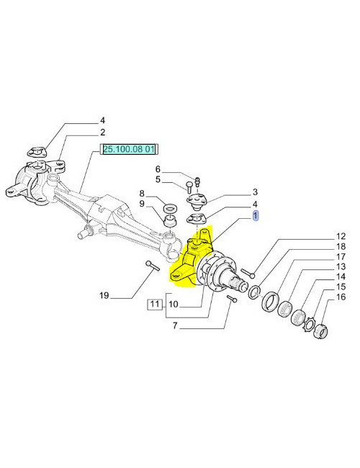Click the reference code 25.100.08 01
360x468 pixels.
click(129, 149)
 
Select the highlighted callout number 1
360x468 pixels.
click(256, 216)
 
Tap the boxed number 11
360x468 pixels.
click(154, 304)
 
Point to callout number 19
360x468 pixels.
click(104, 295)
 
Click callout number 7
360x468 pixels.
click(175, 325)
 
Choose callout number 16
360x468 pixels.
click(341, 297)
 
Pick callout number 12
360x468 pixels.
click(341, 236)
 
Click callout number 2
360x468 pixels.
click(103, 132)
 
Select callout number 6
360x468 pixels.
click(158, 169)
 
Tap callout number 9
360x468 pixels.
click(142, 204)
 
